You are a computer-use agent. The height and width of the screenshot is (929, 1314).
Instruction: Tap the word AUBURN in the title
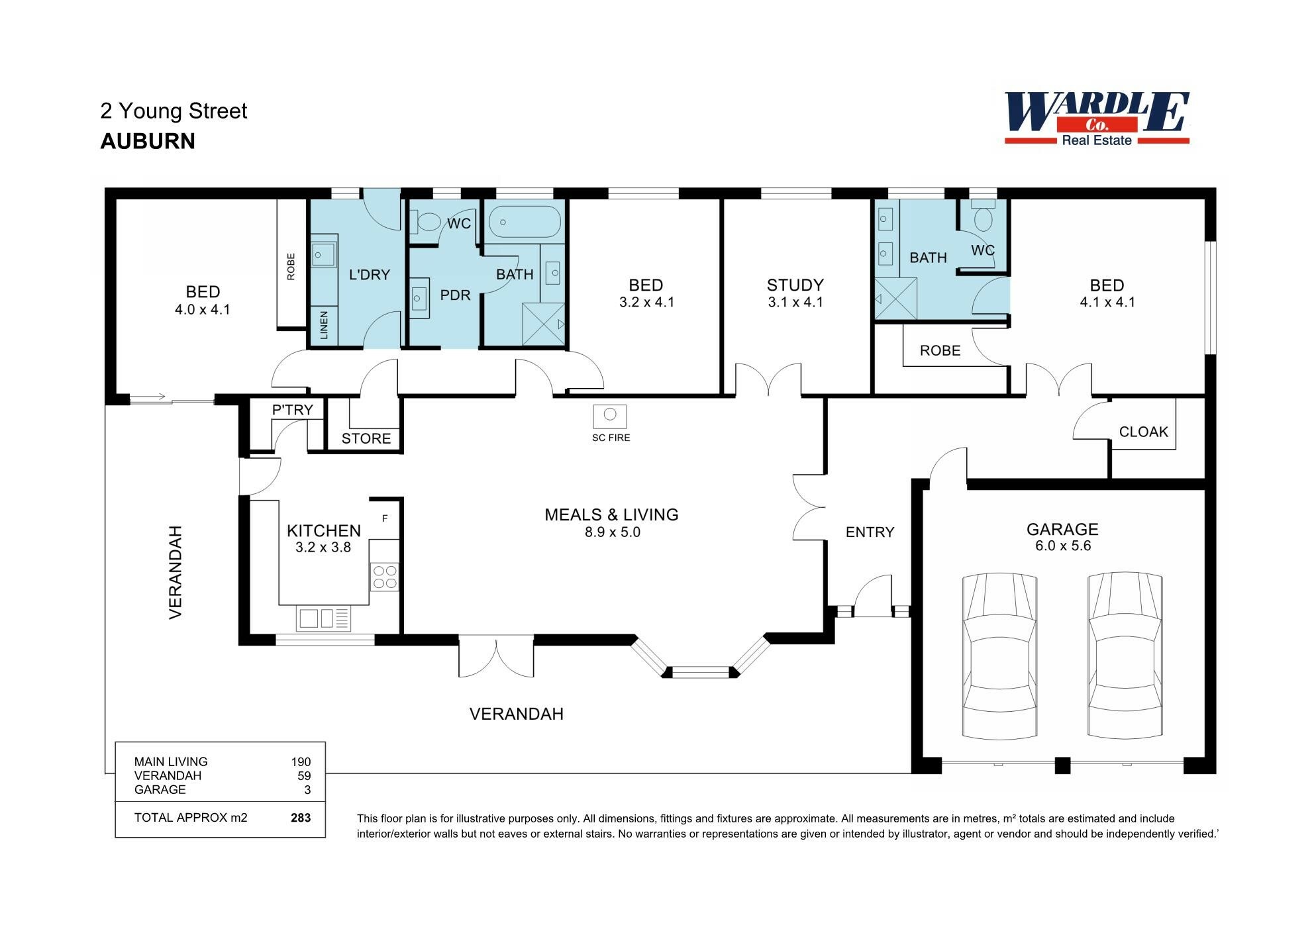[x=148, y=141]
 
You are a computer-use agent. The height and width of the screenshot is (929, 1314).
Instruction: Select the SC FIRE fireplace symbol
[x=610, y=416]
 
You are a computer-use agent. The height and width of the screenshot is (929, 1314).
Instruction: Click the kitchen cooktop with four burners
[x=385, y=576]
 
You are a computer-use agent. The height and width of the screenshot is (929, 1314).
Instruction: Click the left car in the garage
[x=999, y=656]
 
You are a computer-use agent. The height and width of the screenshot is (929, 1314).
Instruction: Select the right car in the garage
[x=1125, y=656]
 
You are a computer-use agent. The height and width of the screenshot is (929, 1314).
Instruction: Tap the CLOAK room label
[x=1143, y=432]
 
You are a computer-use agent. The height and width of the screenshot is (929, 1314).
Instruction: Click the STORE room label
[x=366, y=438]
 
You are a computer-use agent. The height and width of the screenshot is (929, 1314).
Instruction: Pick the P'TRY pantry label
[x=292, y=410]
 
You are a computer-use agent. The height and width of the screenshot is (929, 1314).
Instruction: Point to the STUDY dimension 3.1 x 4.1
[x=795, y=303]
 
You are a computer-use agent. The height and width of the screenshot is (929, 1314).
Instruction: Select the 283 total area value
[x=301, y=818]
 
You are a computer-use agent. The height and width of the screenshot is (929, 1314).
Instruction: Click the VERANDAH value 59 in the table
[x=304, y=775]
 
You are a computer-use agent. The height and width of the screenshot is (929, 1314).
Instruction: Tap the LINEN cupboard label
[x=324, y=325]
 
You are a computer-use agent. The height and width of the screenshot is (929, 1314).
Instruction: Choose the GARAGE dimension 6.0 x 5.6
[x=1063, y=546]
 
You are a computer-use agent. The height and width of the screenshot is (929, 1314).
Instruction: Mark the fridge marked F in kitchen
[x=385, y=518]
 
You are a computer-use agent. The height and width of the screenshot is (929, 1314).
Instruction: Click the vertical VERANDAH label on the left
[x=176, y=572]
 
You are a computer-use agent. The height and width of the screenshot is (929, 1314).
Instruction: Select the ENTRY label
[x=870, y=532]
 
